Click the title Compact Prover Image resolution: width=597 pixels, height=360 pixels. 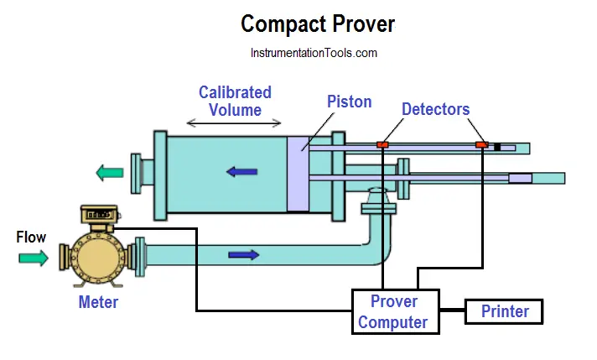317,23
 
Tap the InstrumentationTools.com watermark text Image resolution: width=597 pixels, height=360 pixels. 314,53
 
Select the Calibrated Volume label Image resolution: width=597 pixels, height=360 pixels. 235,101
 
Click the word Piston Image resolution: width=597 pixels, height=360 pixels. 349,102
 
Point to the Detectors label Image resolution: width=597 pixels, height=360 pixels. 435,109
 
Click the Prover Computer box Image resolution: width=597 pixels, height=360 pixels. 393,311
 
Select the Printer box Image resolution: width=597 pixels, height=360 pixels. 505,311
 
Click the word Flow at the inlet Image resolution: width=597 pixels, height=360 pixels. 31,237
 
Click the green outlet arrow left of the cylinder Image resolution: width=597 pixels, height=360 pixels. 109,173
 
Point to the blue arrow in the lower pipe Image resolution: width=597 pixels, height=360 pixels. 244,254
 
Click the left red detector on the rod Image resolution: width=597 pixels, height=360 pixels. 382,145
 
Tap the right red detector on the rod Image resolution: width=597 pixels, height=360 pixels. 481,145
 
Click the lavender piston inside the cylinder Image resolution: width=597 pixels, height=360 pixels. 298,174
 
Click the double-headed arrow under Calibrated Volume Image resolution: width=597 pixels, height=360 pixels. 234,123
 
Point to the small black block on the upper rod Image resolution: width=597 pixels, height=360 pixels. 497,147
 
